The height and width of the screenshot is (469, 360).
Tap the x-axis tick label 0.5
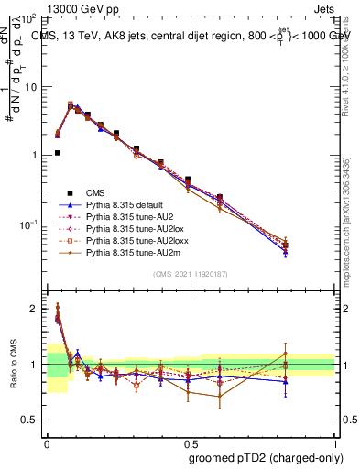pos(190,440)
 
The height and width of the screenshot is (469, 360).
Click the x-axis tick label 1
pos(336,440)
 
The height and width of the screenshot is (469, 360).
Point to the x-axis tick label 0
pos(47,440)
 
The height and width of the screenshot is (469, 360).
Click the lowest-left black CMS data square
pos(57,153)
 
